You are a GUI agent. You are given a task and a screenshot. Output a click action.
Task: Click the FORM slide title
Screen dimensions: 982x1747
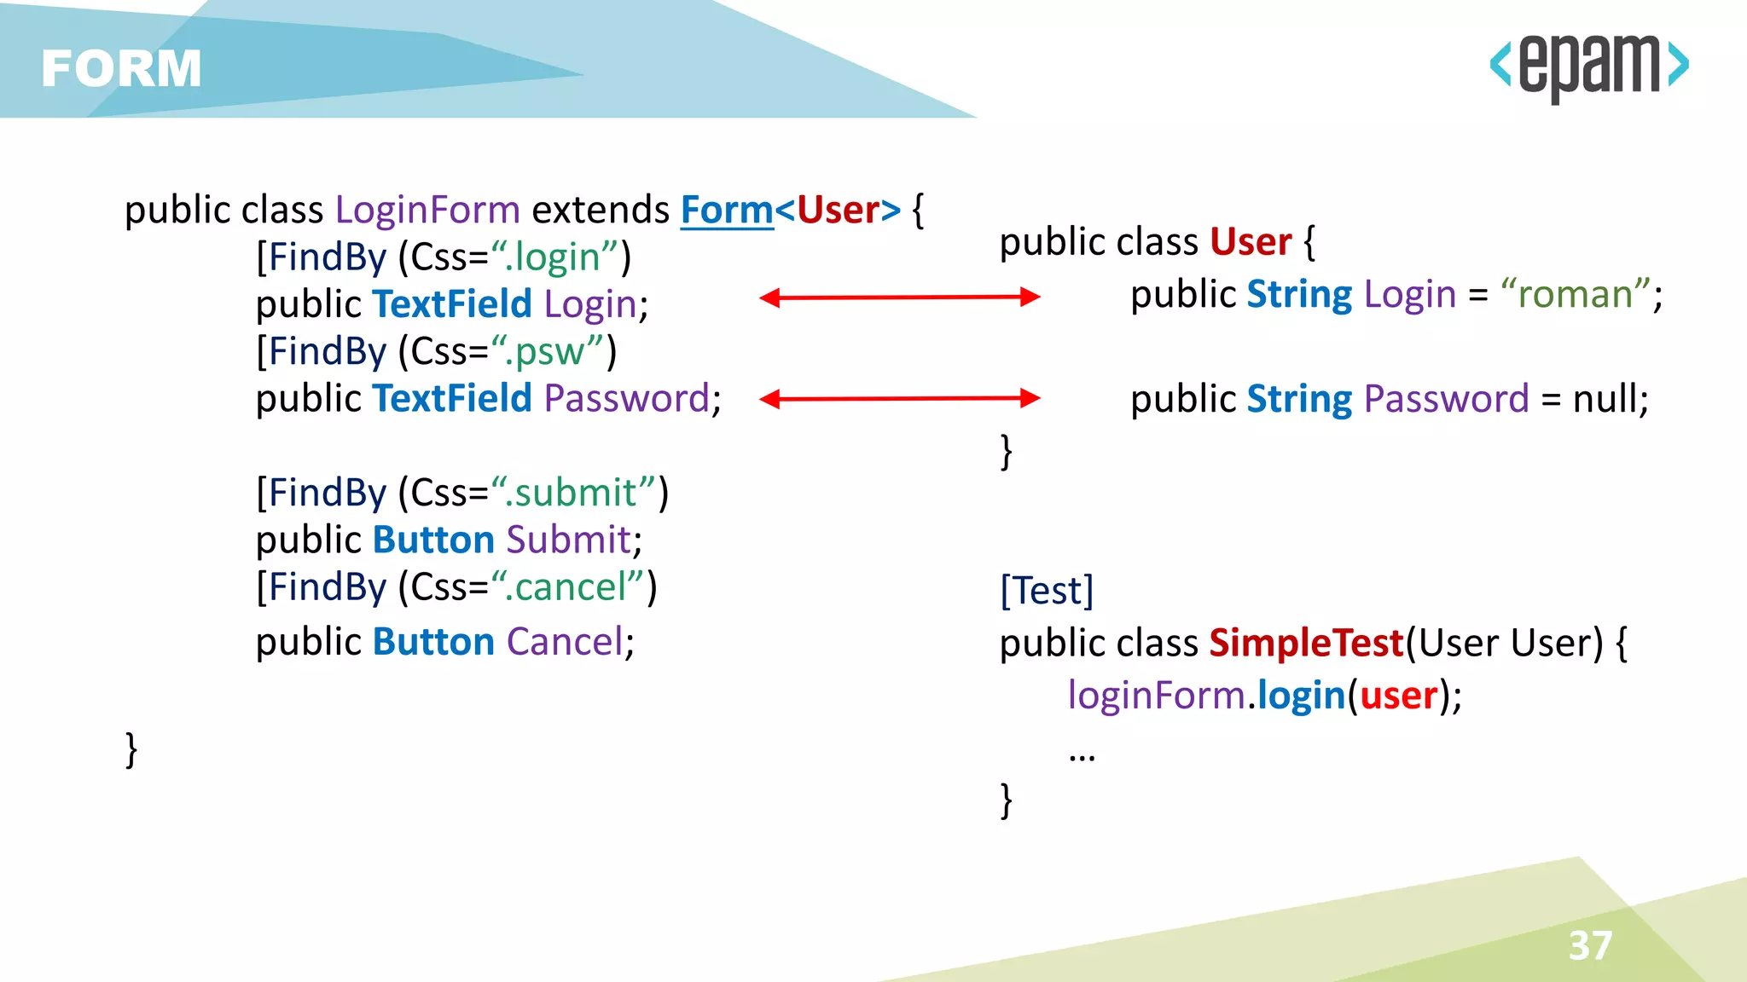121,68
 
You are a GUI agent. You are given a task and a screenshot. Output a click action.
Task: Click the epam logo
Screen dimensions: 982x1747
1589,66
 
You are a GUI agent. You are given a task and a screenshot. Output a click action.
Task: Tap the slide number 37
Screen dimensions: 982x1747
1590,945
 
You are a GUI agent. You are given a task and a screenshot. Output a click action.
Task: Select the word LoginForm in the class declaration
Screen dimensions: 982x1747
427,210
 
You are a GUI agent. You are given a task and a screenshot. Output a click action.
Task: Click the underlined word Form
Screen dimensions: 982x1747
726,210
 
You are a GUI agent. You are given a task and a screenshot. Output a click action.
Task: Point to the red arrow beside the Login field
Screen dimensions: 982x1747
899,297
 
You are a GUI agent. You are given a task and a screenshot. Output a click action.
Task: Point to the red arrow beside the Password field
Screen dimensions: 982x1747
899,398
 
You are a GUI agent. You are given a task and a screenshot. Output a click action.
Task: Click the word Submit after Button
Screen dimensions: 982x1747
568,540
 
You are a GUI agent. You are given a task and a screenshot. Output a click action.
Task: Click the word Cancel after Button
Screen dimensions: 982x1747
566,642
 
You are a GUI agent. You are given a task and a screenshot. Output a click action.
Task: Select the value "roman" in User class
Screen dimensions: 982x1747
1576,295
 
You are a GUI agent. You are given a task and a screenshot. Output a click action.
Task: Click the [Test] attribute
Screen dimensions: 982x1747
1046,590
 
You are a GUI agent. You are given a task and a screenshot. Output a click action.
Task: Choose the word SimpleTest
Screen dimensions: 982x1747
1306,643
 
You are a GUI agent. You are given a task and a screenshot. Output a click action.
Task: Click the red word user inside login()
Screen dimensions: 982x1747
1398,696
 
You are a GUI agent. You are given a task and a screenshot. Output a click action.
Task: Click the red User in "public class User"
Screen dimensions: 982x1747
1251,242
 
